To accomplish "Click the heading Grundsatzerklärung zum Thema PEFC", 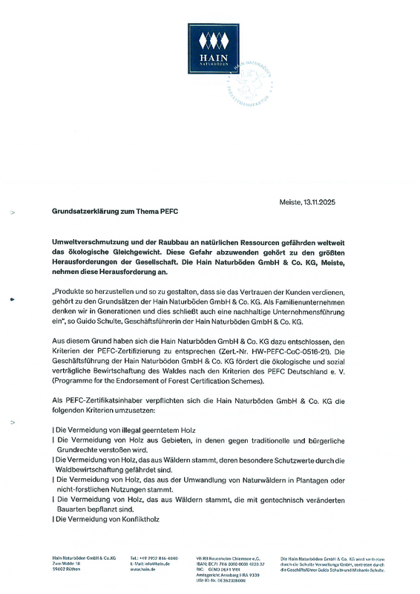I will (x=115, y=211).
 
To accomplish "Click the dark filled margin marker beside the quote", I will (x=12, y=300).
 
